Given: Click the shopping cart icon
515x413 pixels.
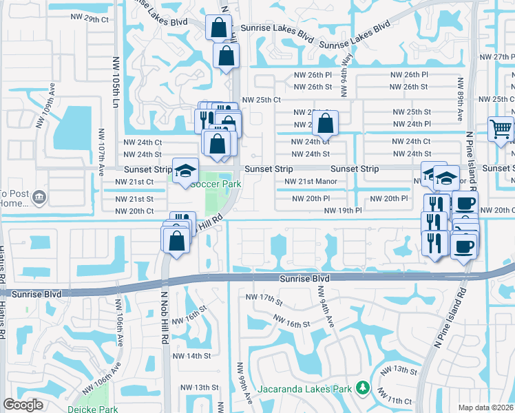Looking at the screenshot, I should click(x=501, y=128).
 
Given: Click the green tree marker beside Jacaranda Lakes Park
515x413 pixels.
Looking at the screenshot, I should click(x=362, y=389).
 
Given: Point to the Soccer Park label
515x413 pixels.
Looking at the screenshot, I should click(x=216, y=184).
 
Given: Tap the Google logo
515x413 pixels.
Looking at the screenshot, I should click(x=23, y=404).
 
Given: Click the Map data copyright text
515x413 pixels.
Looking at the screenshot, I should click(x=485, y=407).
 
